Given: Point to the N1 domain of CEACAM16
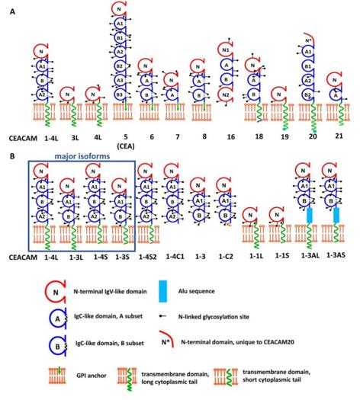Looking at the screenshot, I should click(x=224, y=53).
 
